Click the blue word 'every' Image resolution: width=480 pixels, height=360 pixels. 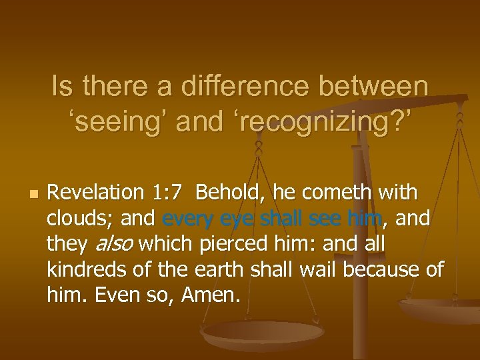coord(185,218)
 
